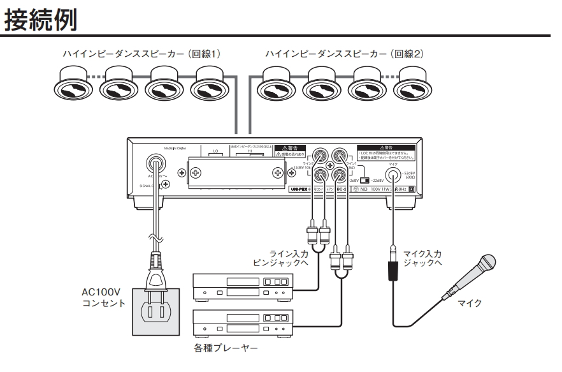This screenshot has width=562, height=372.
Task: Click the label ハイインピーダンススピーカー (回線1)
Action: [141, 54]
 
